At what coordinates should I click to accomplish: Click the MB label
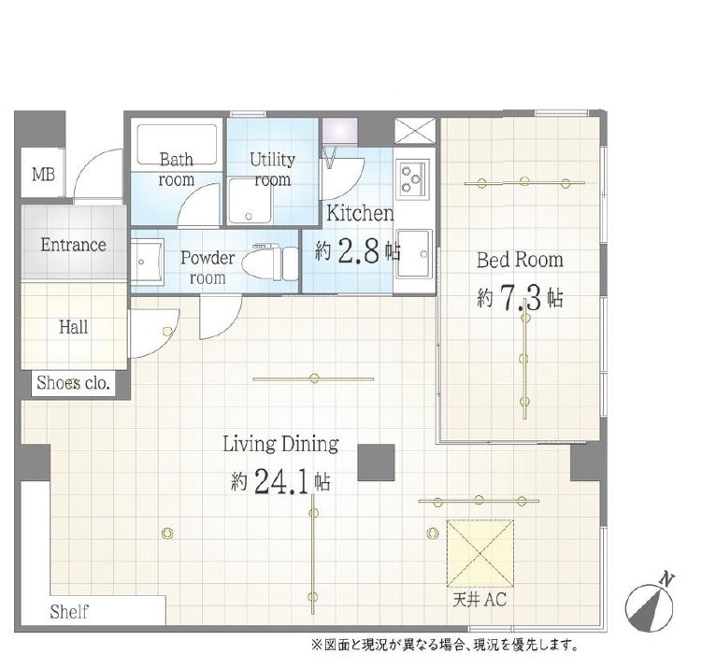(x=43, y=174)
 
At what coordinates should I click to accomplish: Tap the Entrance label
(x=73, y=245)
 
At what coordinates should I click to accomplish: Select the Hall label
(x=74, y=327)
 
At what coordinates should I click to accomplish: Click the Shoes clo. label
(x=73, y=383)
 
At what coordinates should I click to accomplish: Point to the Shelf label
(x=69, y=611)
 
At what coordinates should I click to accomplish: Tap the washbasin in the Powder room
(x=147, y=262)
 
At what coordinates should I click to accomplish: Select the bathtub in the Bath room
(x=177, y=144)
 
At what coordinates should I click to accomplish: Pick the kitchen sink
(x=414, y=254)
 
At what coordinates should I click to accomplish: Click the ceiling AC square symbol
(x=480, y=553)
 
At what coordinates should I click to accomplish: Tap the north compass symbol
(x=650, y=604)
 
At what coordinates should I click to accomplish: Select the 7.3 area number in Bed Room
(x=521, y=297)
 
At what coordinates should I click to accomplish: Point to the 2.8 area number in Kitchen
(x=358, y=251)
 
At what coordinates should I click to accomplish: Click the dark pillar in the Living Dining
(x=376, y=462)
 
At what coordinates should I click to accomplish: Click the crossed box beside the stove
(x=415, y=131)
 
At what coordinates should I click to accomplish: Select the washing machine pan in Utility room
(x=250, y=201)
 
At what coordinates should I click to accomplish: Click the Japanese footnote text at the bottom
(x=445, y=646)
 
